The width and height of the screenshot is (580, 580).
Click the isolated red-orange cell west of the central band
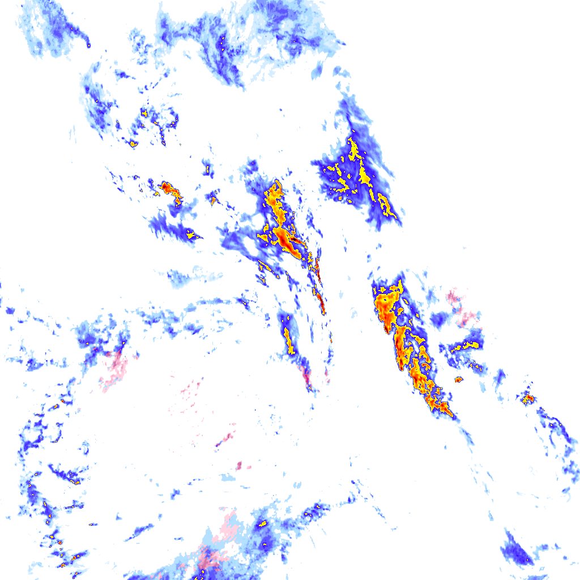[167, 186]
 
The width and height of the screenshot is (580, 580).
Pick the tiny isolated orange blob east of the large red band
[458, 379]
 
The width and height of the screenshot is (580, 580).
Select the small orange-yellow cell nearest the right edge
[528, 399]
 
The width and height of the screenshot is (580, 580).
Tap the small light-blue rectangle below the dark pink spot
[228, 478]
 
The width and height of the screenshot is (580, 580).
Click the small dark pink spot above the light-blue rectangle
[239, 466]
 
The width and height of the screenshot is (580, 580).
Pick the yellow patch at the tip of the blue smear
[192, 233]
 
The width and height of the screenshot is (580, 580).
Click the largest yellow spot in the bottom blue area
[263, 523]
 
